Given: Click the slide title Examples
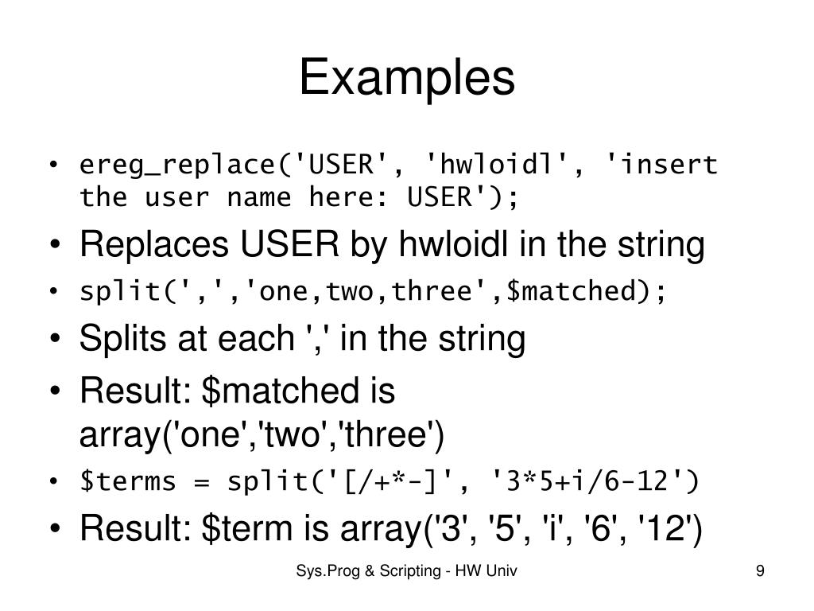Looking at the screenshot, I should pyautogui.click(x=406, y=78).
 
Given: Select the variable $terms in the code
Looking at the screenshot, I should pyautogui.click(x=127, y=482).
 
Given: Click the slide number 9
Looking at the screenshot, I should pyautogui.click(x=761, y=570).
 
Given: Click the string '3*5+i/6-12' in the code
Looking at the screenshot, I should pyautogui.click(x=587, y=482).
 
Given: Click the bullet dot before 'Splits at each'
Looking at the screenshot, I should pyautogui.click(x=53, y=341).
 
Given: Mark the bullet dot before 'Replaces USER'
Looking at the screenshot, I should pyautogui.click(x=53, y=247).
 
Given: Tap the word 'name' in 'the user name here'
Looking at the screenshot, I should pyautogui.click(x=259, y=197).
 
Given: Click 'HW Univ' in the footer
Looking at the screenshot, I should pyautogui.click(x=494, y=570).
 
